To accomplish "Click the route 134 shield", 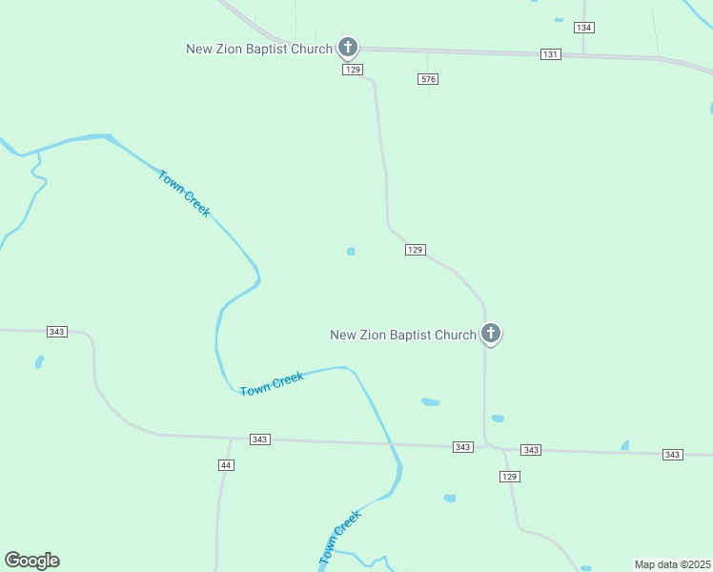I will (x=584, y=28).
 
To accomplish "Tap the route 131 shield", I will (x=550, y=54).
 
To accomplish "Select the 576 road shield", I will (x=428, y=79).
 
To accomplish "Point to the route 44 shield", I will (x=226, y=465).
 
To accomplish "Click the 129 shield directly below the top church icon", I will (x=353, y=70).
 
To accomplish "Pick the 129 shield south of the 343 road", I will (x=510, y=477).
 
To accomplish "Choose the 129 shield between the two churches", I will (x=415, y=250).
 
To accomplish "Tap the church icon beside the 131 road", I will (x=348, y=46).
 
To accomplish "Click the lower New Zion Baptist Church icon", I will (x=491, y=333).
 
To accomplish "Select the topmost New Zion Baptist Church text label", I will (x=259, y=49).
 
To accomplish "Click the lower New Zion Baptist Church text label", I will (x=402, y=335).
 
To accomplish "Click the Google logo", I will (x=32, y=561).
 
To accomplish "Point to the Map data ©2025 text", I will (x=672, y=564).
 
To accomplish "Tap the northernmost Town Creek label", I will (x=184, y=194).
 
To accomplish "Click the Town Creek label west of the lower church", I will (x=272, y=383).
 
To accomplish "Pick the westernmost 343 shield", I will (x=56, y=332).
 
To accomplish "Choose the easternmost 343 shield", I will (x=673, y=455).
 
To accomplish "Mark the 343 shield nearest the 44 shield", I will (x=260, y=439).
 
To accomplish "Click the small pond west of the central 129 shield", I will (x=351, y=252).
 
